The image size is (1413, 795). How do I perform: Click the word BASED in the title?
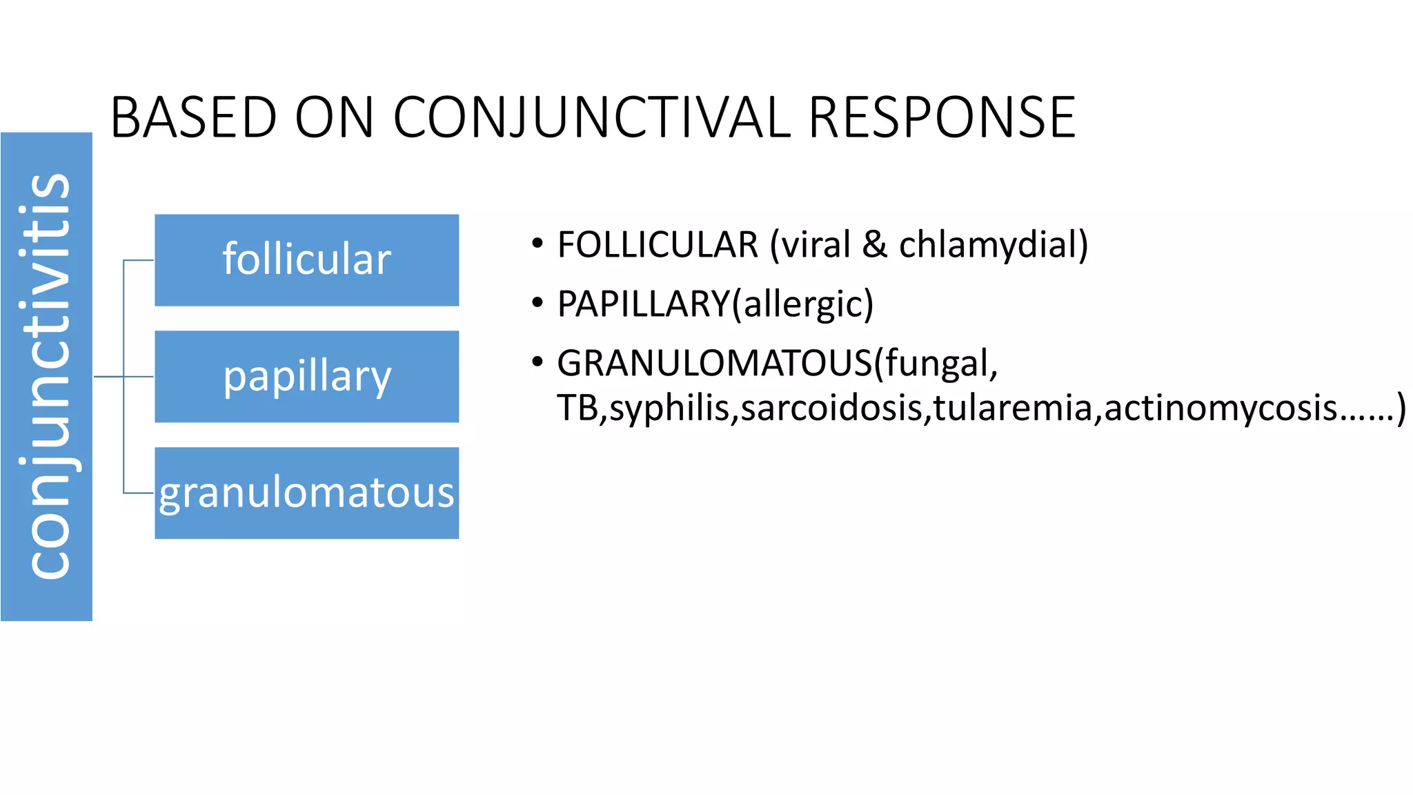click(x=193, y=117)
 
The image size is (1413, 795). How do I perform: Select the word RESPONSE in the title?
click(x=941, y=117)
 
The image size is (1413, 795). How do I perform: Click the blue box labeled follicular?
click(x=306, y=260)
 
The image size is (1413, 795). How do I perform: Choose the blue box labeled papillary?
click(x=306, y=377)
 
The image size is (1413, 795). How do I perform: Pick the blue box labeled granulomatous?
click(x=306, y=493)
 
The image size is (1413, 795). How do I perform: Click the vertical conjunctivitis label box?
click(x=46, y=377)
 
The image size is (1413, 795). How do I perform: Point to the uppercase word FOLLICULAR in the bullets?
click(x=658, y=245)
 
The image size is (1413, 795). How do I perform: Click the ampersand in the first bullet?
click(x=874, y=245)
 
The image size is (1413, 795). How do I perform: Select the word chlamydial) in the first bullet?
click(x=993, y=245)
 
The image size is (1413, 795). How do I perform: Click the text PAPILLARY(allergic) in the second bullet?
click(x=715, y=304)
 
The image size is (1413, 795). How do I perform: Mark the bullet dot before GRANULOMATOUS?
click(x=537, y=363)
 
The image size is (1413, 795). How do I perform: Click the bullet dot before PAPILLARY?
click(x=537, y=304)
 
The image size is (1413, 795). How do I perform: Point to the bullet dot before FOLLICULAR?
click(x=537, y=244)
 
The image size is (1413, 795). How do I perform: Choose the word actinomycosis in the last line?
click(x=1221, y=408)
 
